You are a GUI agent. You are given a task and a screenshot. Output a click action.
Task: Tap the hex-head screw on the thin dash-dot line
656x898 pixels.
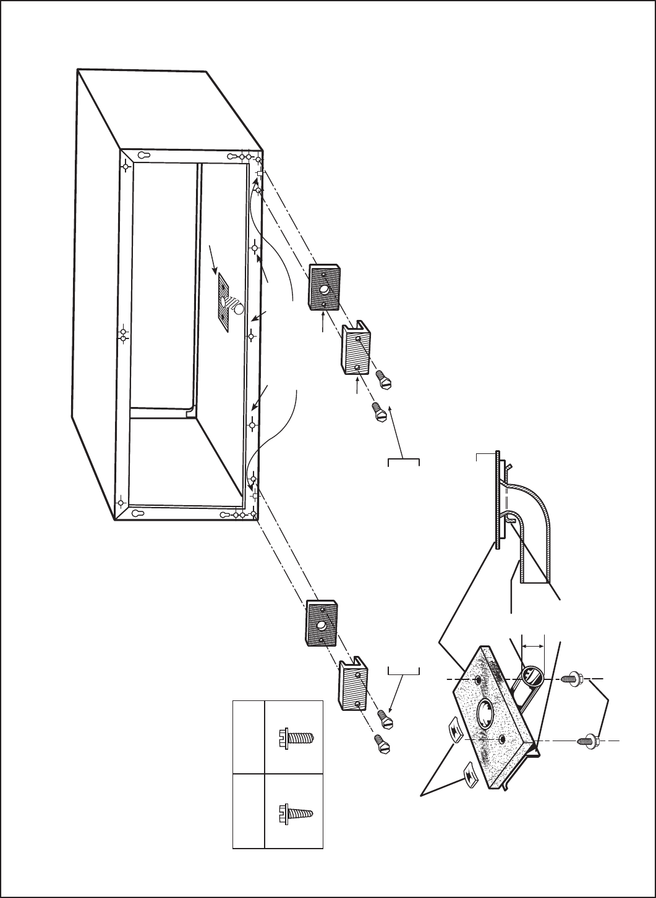pos(587,740)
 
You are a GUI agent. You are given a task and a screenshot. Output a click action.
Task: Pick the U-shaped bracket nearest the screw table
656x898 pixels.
pos(352,684)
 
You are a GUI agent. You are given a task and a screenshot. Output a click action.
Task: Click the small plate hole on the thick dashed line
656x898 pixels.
pos(479,680)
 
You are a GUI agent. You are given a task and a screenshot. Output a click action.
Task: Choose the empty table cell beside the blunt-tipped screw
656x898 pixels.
pos(248,736)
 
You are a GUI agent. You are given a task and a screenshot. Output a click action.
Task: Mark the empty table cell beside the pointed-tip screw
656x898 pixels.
pos(248,811)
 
